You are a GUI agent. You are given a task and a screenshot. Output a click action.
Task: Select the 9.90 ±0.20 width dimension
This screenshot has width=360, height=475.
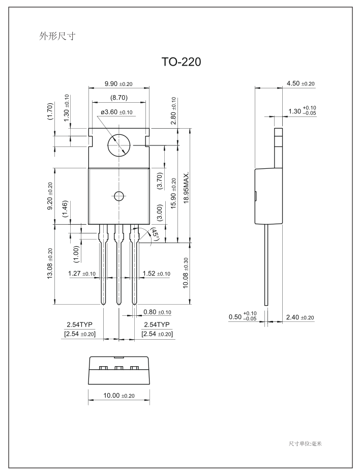pos(119,83)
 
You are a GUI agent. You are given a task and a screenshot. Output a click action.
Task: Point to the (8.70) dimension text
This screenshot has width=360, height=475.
pos(118,97)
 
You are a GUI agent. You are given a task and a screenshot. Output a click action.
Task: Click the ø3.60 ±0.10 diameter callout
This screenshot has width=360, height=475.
pos(116,112)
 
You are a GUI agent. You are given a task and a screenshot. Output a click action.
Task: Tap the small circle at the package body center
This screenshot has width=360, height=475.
pos(119,196)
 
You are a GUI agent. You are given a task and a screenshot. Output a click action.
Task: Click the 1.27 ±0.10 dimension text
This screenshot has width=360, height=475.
pos(82,274)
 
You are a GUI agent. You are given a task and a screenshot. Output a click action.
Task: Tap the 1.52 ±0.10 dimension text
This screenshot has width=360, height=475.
pos(157,274)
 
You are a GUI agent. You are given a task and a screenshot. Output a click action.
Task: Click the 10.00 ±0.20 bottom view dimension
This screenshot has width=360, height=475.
pos(119,396)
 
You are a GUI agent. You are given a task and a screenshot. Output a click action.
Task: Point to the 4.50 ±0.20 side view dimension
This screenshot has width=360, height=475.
pos(301,83)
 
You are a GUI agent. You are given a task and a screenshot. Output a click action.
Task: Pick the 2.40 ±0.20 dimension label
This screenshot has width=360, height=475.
pos(301,317)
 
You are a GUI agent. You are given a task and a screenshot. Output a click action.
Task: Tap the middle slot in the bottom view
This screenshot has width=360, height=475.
pos(119,368)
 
